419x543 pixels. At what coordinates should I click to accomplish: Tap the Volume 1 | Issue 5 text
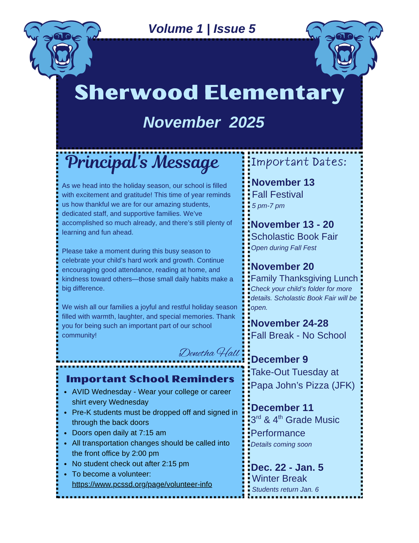(202, 29)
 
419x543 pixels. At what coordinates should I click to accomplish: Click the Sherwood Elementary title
(209, 93)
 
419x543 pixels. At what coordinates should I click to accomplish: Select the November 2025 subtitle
(203, 122)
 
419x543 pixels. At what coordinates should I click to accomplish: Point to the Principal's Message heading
(142, 162)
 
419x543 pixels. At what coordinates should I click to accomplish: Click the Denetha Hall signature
(209, 352)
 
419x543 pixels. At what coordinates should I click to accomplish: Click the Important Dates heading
(299, 162)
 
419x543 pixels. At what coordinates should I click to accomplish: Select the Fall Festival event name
(278, 195)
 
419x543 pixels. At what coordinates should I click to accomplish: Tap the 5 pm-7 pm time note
(268, 206)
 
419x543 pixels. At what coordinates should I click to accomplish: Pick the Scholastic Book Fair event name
(294, 237)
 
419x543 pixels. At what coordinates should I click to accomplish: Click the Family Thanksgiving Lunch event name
(304, 278)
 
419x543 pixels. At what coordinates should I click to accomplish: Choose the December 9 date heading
(279, 360)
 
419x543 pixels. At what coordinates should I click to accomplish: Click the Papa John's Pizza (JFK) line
(302, 385)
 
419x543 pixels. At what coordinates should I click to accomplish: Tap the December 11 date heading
(282, 408)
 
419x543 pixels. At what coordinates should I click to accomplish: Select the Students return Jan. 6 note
(285, 489)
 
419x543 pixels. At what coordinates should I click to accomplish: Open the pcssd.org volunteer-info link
(142, 484)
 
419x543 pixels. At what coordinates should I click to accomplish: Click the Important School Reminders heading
(150, 379)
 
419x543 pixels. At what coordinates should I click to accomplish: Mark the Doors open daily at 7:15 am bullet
(119, 433)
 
